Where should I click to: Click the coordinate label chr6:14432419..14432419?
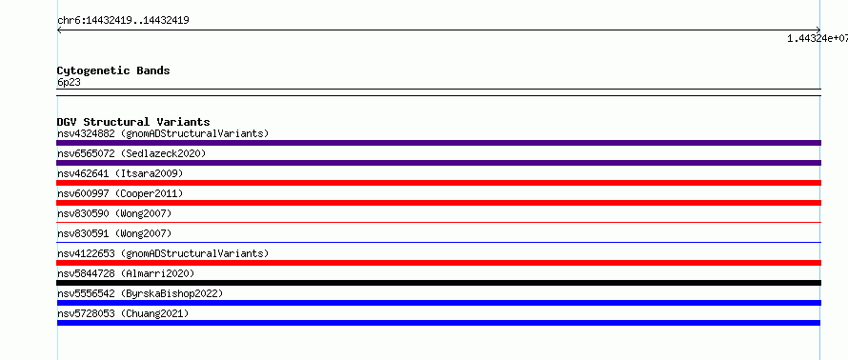coord(123,21)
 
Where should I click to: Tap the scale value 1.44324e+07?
coord(818,38)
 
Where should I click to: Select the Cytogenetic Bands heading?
coord(113,70)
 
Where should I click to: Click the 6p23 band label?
coord(70,83)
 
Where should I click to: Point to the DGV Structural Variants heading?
coord(133,122)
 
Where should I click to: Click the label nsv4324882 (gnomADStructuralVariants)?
coord(163,133)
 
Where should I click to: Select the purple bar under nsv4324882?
coord(438,143)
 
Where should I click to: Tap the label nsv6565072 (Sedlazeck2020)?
coord(131,153)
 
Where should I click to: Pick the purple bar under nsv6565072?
coord(438,163)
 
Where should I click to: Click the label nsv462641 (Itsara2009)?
coord(120,173)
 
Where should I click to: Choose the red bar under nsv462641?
coord(438,183)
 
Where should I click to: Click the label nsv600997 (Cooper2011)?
coord(120,193)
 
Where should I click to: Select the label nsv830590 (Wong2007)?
coord(114,213)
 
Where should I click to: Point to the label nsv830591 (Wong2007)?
coord(114,233)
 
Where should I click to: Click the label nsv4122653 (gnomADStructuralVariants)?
coord(163,253)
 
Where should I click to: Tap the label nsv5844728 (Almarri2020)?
coord(126,273)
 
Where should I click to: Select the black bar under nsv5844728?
coord(438,283)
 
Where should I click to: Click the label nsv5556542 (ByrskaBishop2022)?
coord(140,293)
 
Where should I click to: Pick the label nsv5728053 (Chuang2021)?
coord(123,313)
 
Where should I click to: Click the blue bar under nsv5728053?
coord(438,323)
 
